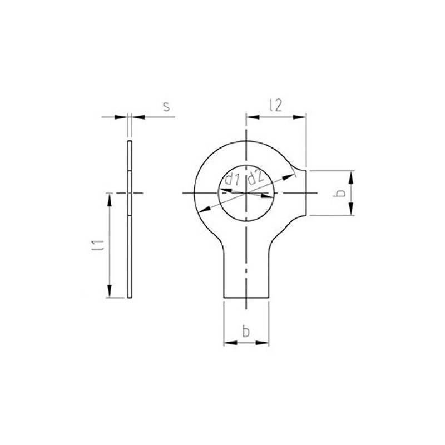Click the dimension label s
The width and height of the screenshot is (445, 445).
[x=166, y=107]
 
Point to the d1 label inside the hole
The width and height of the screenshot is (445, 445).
[x=232, y=179]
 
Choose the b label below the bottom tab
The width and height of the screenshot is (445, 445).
[x=246, y=331]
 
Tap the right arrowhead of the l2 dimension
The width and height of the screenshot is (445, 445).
[x=299, y=117]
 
